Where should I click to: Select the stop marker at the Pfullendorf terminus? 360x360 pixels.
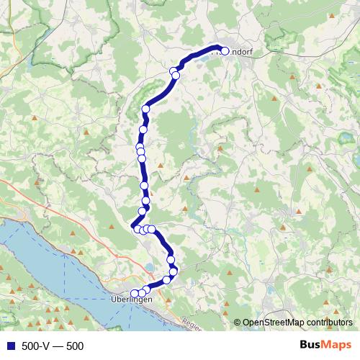point(224,51)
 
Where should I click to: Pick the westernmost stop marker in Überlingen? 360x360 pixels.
point(134,293)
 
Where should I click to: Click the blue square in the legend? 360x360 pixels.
point(9,346)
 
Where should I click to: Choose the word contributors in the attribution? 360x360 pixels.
point(330,323)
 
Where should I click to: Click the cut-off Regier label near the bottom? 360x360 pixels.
point(192,324)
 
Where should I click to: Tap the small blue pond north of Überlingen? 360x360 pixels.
point(149,267)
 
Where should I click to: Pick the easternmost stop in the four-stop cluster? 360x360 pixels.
point(152,229)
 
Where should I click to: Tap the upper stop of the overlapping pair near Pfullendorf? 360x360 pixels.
point(173,71)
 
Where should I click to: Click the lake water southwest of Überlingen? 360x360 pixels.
point(43,259)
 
